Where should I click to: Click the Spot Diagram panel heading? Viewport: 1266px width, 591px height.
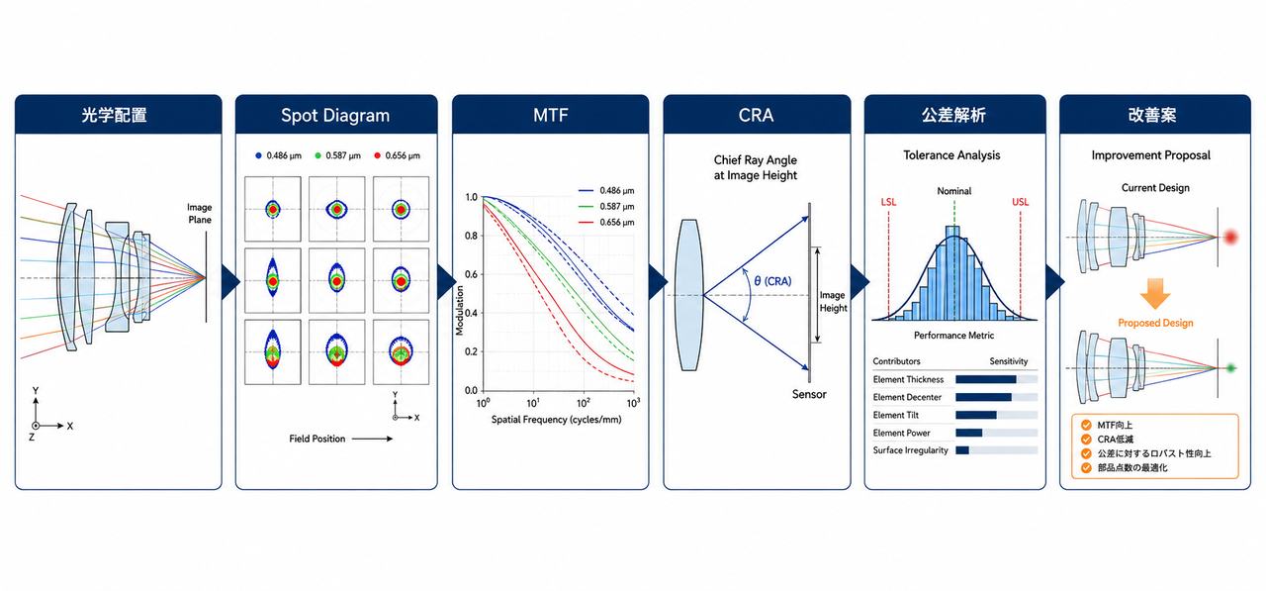click(x=335, y=116)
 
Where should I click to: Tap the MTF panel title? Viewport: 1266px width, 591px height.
click(x=551, y=116)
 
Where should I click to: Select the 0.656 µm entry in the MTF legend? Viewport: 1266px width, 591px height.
click(x=616, y=223)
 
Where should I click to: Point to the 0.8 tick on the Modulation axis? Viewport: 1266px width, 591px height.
click(x=472, y=236)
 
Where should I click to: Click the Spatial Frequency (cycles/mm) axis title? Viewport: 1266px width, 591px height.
click(x=556, y=420)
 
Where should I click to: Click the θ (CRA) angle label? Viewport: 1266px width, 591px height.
click(x=772, y=281)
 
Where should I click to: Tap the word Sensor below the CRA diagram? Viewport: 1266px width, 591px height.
click(x=809, y=394)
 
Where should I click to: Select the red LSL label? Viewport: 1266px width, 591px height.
click(x=888, y=202)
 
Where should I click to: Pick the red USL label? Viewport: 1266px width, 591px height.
click(x=1020, y=202)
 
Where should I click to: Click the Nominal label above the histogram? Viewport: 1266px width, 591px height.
click(x=954, y=191)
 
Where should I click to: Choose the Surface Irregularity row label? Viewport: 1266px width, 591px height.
click(x=910, y=450)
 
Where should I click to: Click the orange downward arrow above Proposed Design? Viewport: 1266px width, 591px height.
click(x=1154, y=293)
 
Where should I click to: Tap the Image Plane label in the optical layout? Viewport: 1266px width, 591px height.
click(x=200, y=214)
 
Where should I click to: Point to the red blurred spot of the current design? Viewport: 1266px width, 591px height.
click(x=1230, y=237)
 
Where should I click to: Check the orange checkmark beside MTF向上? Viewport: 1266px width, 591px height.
click(x=1086, y=426)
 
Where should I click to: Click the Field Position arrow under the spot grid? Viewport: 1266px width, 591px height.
click(x=372, y=439)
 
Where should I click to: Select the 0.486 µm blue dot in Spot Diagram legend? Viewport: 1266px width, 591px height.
click(x=258, y=155)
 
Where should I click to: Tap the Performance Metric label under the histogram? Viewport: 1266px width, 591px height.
click(x=953, y=336)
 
